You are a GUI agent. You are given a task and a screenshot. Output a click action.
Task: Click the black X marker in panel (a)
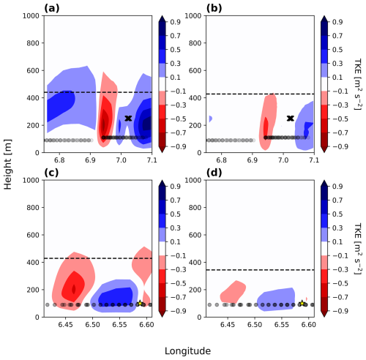pyautogui.click(x=128, y=119)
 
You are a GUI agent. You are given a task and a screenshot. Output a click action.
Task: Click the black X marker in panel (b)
pyautogui.click(x=291, y=119)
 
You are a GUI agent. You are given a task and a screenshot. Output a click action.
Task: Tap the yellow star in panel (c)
pyautogui.click(x=140, y=303)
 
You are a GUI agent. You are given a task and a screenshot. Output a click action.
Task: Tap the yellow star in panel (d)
pyautogui.click(x=302, y=303)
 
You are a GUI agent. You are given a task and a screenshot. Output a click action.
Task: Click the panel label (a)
pyautogui.click(x=52, y=8)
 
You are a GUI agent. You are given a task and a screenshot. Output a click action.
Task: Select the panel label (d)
pyautogui.click(x=214, y=173)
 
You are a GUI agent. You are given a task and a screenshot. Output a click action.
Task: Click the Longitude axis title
pyautogui.click(x=187, y=351)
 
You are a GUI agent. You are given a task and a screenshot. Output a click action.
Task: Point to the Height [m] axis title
pyautogui.click(x=8, y=165)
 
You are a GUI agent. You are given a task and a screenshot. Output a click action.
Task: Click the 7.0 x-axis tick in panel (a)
pyautogui.click(x=121, y=160)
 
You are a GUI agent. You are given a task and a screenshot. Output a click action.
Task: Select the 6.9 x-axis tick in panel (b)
pyautogui.click(x=253, y=160)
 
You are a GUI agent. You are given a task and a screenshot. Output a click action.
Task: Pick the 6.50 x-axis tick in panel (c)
pyautogui.click(x=92, y=325)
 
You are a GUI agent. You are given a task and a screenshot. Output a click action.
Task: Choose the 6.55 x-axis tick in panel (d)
pyautogui.click(x=282, y=325)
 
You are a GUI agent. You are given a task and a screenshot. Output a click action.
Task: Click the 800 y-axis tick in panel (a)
pyautogui.click(x=33, y=43)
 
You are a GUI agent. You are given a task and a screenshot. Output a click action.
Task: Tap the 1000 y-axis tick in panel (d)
pyautogui.click(x=193, y=180)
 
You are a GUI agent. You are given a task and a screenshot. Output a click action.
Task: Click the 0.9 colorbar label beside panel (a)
pyautogui.click(x=175, y=22)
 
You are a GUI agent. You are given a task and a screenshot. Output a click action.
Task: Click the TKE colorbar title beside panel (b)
pyautogui.click(x=358, y=84)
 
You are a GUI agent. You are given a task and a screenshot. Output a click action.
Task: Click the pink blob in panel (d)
pyautogui.click(x=233, y=292)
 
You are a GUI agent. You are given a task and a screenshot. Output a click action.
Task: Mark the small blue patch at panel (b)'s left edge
pyautogui.click(x=211, y=119)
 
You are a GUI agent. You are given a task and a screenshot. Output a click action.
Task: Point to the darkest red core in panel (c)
pyautogui.click(x=74, y=289)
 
